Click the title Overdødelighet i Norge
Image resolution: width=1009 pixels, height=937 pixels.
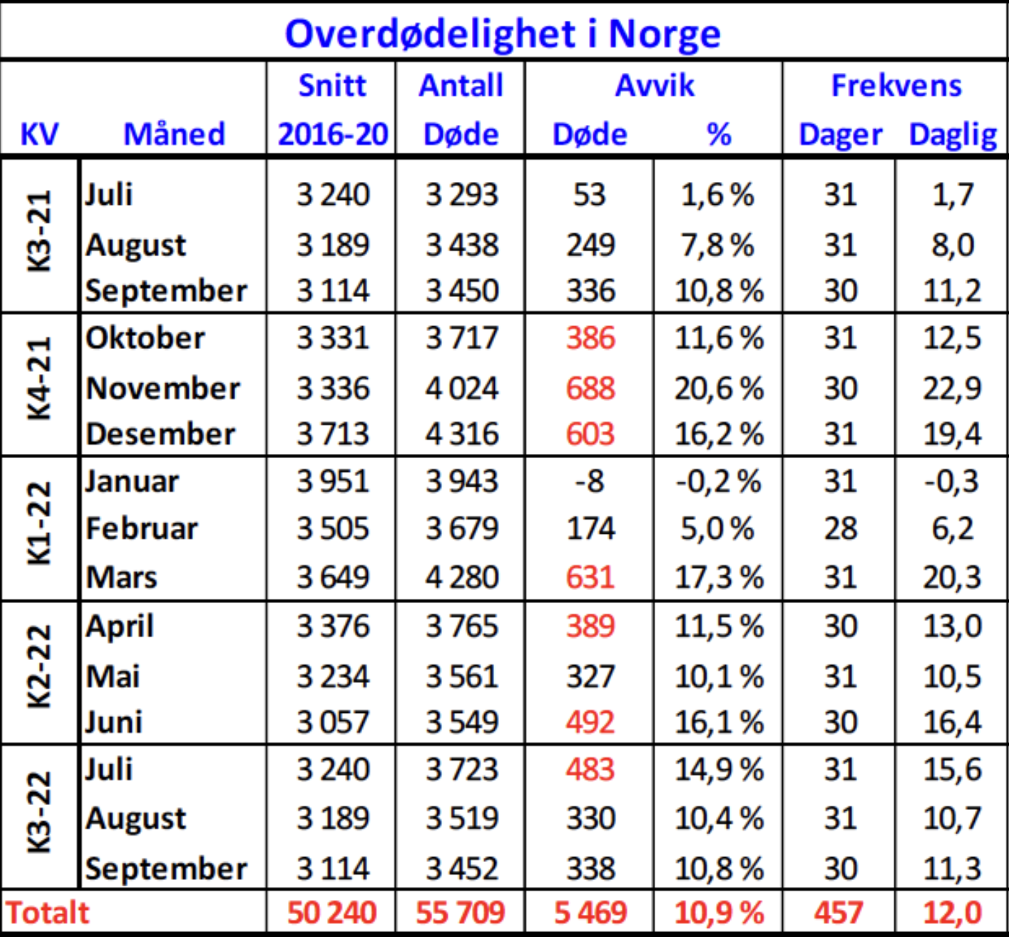(503, 33)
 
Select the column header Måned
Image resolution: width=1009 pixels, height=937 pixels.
(174, 134)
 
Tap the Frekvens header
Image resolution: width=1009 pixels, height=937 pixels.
(896, 85)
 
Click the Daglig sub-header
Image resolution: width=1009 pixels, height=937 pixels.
(953, 135)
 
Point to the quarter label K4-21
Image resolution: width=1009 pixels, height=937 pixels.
(40, 380)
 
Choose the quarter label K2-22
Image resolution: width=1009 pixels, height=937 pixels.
(40, 667)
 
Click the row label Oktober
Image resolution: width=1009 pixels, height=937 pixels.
(145, 338)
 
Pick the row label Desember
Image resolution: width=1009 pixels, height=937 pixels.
(160, 434)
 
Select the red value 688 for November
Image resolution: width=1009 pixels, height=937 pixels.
(590, 388)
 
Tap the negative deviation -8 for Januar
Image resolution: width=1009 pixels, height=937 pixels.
(590, 481)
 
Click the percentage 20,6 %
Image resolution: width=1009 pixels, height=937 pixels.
(719, 388)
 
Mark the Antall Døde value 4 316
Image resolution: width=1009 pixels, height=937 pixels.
(461, 434)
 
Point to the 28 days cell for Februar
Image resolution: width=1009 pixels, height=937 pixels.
(840, 529)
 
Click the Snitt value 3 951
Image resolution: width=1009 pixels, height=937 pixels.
(332, 481)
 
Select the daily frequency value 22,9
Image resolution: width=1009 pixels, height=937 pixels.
(951, 388)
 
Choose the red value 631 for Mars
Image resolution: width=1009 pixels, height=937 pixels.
(590, 577)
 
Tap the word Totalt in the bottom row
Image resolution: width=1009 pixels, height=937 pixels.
(48, 913)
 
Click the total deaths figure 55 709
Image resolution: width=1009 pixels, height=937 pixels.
(461, 913)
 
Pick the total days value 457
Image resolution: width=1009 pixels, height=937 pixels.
(838, 913)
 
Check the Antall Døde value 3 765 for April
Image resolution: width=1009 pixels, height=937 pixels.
(461, 626)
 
